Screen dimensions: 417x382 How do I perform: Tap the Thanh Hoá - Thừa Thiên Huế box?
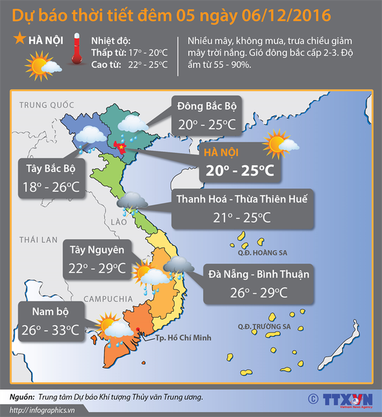[x=243, y=208]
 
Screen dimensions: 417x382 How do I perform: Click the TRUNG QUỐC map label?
[x=47, y=105]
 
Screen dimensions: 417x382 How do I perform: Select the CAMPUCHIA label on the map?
[x=109, y=298]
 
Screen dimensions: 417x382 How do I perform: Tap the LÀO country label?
[x=118, y=222]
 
